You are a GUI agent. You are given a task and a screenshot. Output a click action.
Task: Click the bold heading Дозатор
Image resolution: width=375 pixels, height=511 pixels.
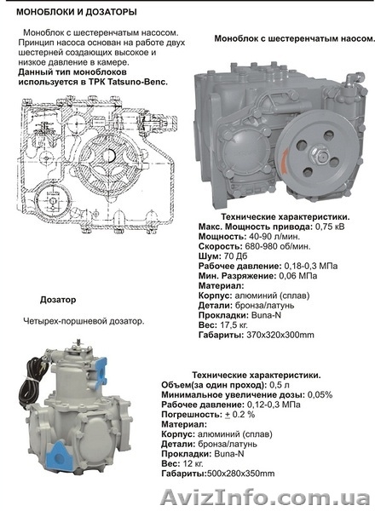click(x=58, y=300)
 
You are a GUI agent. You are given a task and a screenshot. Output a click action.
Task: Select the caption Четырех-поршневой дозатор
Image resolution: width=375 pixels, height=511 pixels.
click(x=84, y=322)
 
